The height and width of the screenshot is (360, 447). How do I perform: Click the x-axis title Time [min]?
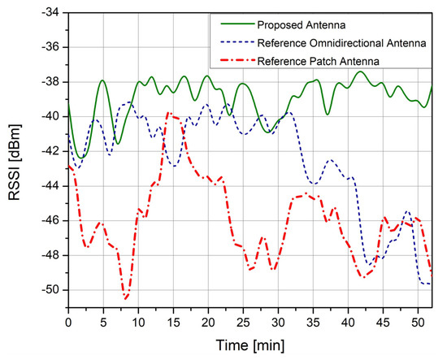click(x=250, y=345)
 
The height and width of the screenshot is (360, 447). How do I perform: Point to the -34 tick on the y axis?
click(x=51, y=13)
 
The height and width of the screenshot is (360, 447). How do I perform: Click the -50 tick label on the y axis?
click(x=51, y=290)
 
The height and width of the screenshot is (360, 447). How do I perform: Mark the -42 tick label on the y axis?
click(x=51, y=151)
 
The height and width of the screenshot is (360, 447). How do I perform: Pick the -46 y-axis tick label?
click(x=51, y=221)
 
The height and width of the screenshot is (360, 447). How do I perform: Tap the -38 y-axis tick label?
click(x=51, y=82)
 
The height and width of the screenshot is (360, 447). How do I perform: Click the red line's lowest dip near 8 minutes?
click(x=126, y=298)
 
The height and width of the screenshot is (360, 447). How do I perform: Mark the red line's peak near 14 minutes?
click(x=168, y=114)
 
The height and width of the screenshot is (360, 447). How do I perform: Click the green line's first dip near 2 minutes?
click(x=82, y=157)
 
